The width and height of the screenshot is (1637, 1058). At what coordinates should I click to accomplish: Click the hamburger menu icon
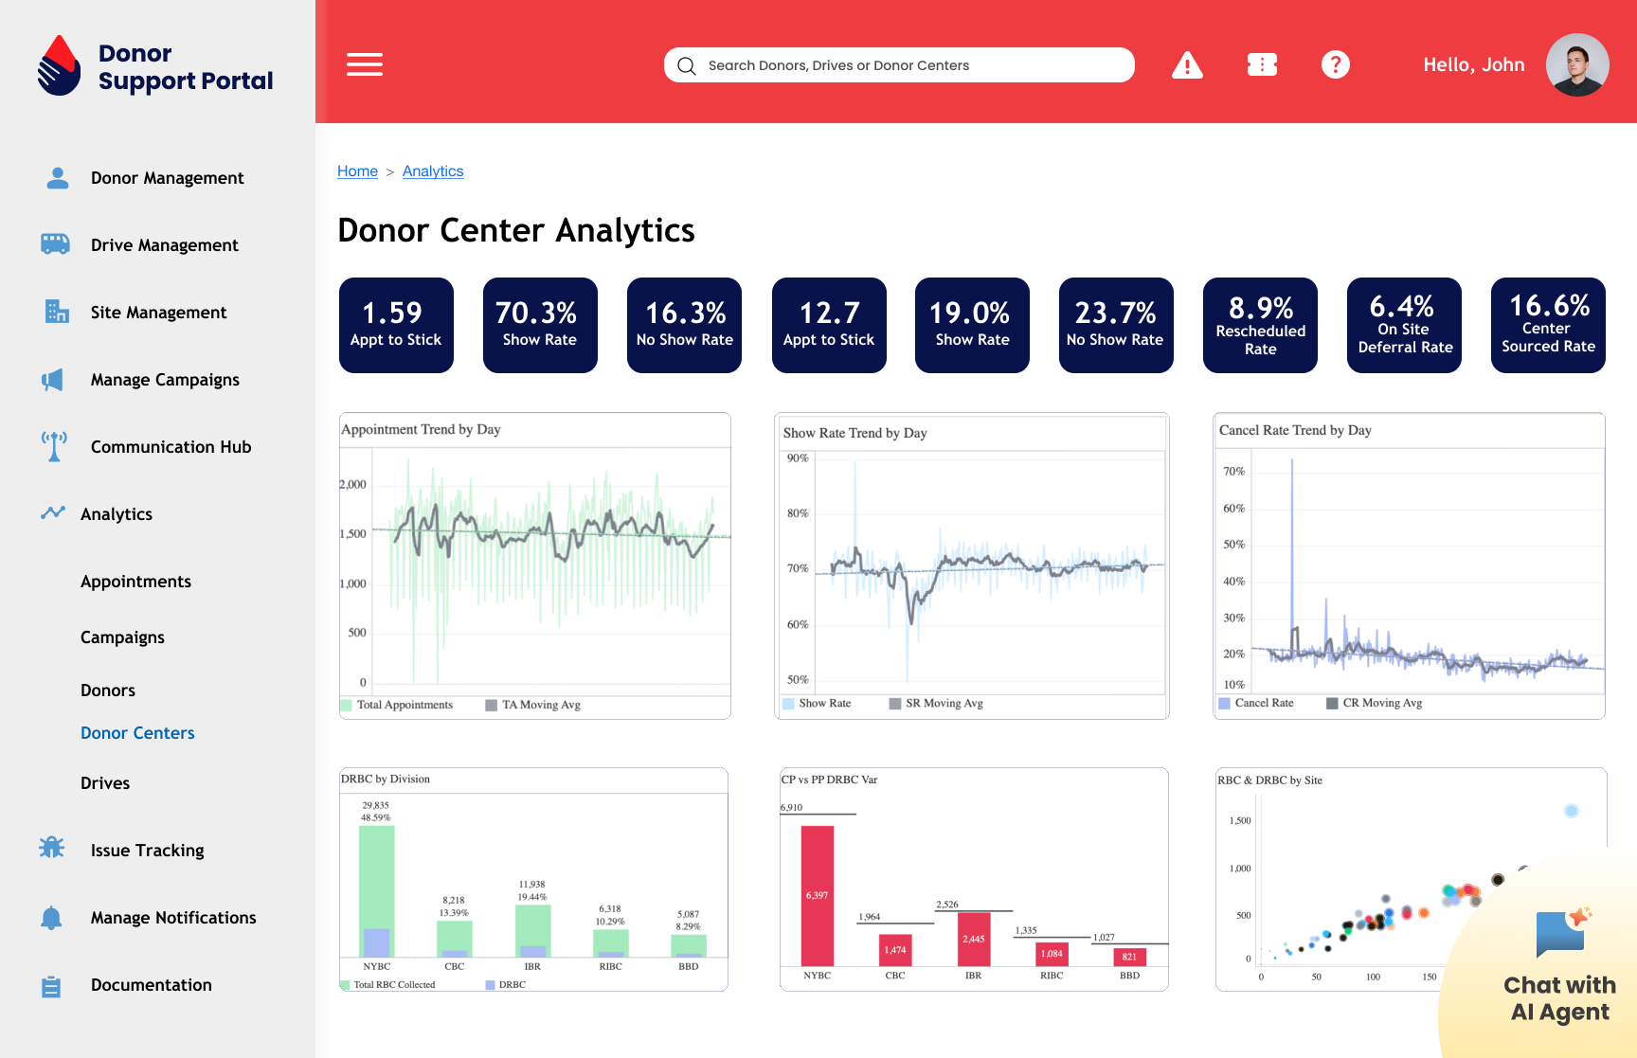pyautogui.click(x=365, y=64)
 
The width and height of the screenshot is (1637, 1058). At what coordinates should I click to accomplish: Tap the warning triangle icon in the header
pyautogui.click(x=1187, y=65)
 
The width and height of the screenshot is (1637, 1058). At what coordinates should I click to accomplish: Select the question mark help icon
pyautogui.click(x=1335, y=64)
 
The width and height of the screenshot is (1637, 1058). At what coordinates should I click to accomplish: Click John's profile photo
pyautogui.click(x=1577, y=64)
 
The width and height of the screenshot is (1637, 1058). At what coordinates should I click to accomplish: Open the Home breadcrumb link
pyautogui.click(x=357, y=171)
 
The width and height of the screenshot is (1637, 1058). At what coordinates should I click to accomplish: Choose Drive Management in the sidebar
pyautogui.click(x=164, y=245)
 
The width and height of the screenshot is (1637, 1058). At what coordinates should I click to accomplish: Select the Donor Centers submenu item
pyautogui.click(x=137, y=733)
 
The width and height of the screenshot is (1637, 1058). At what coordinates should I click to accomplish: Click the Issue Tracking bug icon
pyautogui.click(x=52, y=848)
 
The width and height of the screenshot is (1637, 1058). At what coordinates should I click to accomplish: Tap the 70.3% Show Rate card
pyautogui.click(x=540, y=325)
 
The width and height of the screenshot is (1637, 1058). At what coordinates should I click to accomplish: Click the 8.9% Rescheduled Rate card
pyautogui.click(x=1260, y=325)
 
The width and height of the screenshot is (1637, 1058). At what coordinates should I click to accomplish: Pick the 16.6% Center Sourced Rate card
pyautogui.click(x=1548, y=325)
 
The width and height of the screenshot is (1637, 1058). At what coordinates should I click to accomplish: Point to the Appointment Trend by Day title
pyautogui.click(x=421, y=429)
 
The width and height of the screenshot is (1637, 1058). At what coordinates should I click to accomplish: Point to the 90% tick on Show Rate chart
pyautogui.click(x=798, y=458)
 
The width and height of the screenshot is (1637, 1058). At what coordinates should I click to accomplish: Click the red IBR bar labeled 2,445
pyautogui.click(x=974, y=939)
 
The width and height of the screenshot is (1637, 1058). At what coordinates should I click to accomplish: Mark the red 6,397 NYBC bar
pyautogui.click(x=818, y=895)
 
